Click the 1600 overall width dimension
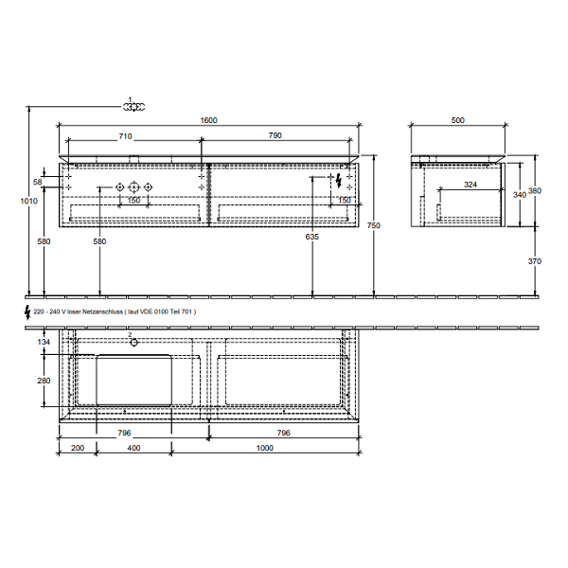tap(208, 120)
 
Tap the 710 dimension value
tap(125, 136)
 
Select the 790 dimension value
tap(275, 135)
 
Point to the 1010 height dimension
tap(28, 201)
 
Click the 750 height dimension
tap(374, 225)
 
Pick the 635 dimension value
tap(311, 237)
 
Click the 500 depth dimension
tap(458, 120)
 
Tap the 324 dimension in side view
tap(470, 185)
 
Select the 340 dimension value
tap(520, 194)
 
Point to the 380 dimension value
tap(535, 190)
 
